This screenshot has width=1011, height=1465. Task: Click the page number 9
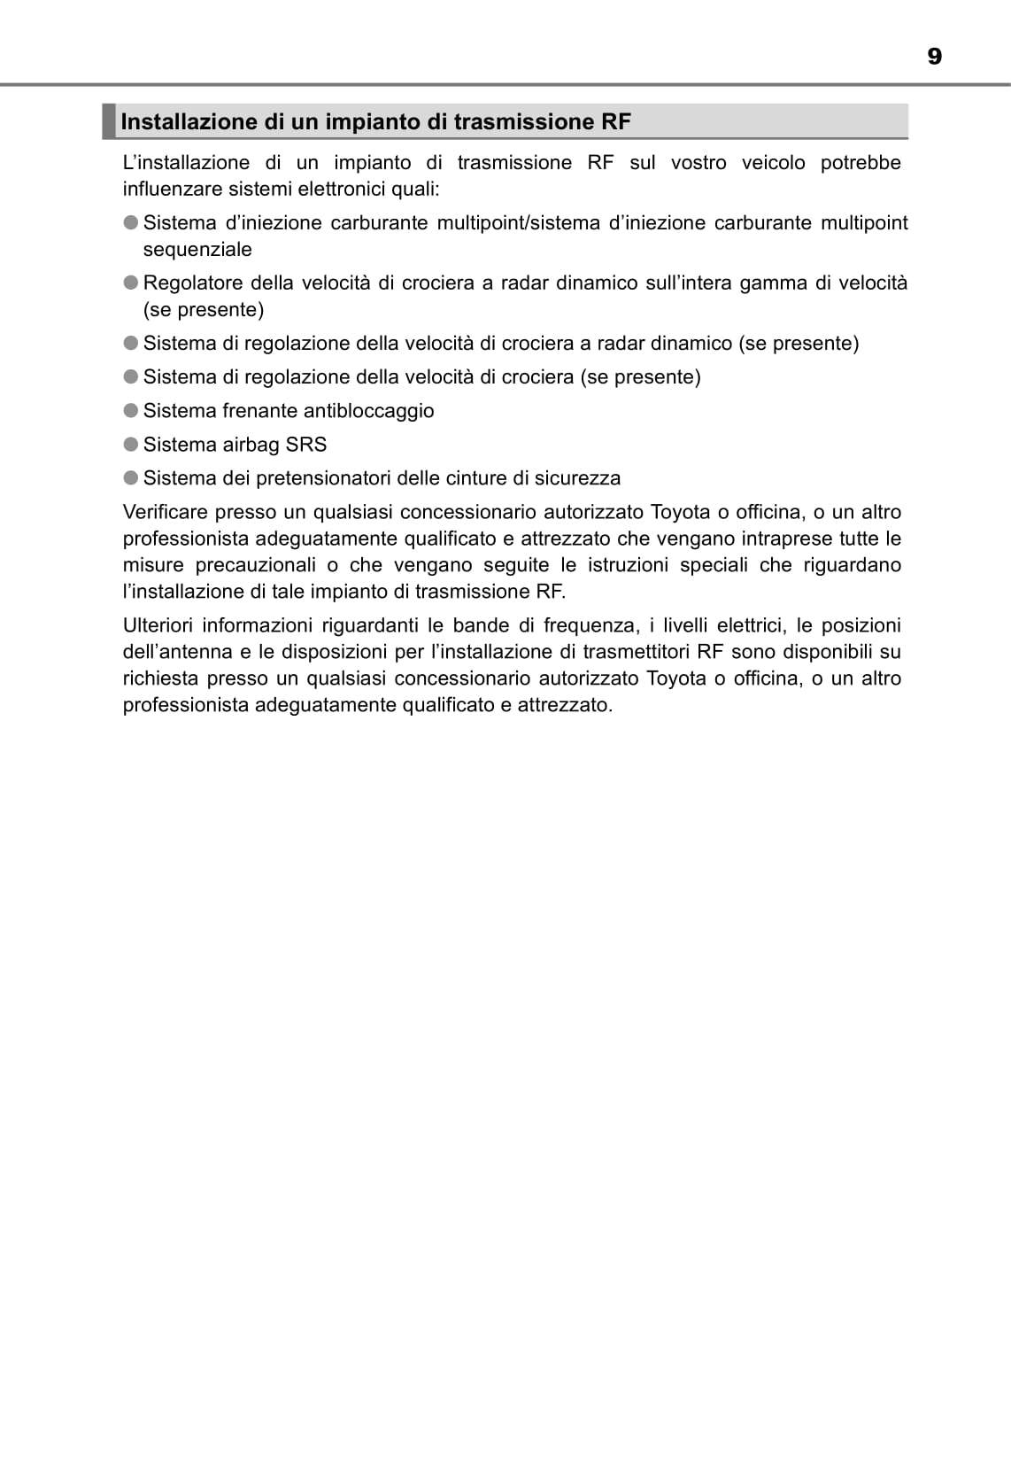(x=934, y=57)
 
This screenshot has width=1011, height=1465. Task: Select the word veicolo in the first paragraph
(x=774, y=163)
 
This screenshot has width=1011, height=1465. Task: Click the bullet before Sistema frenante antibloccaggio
(x=131, y=410)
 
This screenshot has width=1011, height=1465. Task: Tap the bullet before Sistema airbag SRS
(x=131, y=444)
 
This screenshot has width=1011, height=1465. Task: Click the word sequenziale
(x=197, y=250)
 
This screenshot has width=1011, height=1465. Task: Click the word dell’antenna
(x=177, y=652)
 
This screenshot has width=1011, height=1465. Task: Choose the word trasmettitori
(x=637, y=652)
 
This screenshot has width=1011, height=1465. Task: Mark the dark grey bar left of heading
(x=109, y=121)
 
